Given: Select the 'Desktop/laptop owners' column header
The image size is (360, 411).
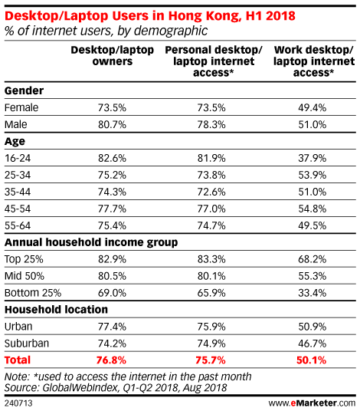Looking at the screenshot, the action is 113,55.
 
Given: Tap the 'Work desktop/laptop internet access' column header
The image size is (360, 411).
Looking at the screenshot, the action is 314,61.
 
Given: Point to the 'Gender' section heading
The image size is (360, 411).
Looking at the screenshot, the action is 24,90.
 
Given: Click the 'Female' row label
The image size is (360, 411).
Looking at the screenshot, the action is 21,107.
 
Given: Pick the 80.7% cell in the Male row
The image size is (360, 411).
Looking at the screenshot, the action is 112,124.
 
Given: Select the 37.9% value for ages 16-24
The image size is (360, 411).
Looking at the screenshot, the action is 312,158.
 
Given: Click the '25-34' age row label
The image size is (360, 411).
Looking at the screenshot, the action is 18,175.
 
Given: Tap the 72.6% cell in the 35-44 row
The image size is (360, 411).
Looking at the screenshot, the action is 211,192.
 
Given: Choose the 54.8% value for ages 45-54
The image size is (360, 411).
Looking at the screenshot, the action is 312,209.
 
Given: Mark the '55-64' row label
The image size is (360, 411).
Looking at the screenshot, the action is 18,225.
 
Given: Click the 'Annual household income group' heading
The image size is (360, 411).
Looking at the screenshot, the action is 91,242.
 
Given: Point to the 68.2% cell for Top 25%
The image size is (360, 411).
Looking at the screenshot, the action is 312,259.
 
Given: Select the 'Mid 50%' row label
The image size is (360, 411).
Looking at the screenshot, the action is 25,276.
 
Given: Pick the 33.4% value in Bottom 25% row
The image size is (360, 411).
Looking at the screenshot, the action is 312,293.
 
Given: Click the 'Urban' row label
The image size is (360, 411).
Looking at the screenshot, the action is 18,327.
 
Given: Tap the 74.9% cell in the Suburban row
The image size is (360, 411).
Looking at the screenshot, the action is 211,344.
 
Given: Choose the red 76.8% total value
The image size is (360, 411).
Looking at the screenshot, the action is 111,360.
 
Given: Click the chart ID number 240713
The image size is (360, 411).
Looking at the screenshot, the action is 18,403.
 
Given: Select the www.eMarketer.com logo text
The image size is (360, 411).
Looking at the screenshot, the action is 312,403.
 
